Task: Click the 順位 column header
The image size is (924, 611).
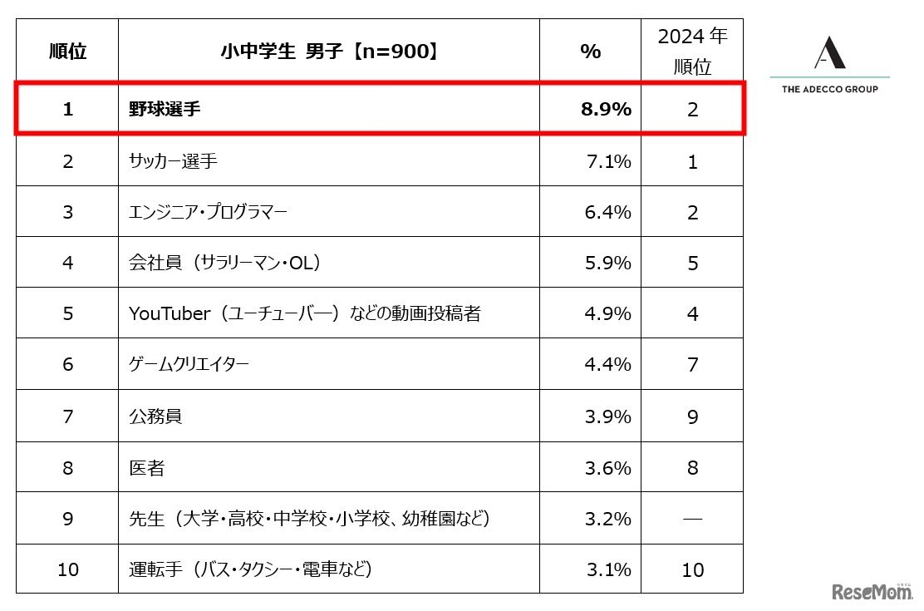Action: (x=67, y=52)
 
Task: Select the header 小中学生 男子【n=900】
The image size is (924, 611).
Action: (x=328, y=52)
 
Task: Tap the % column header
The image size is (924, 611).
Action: (x=590, y=52)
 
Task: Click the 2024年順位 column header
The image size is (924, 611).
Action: (x=692, y=52)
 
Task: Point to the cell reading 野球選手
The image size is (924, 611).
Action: (x=165, y=109)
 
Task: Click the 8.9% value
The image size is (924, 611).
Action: (x=606, y=109)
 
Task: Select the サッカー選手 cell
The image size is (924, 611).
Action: (x=173, y=161)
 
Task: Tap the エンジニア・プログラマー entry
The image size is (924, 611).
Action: (x=208, y=212)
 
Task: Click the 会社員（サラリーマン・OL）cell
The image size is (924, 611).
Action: (x=225, y=263)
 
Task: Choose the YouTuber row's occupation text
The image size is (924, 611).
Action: (x=304, y=314)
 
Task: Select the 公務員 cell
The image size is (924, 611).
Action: (x=155, y=416)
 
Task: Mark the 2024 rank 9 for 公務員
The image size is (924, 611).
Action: (x=692, y=416)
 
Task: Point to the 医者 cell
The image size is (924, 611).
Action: (x=146, y=468)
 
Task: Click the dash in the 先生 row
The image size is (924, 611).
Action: (x=692, y=519)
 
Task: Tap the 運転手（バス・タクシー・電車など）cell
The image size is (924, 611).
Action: (x=249, y=569)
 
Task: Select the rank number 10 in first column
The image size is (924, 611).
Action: (x=67, y=569)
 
